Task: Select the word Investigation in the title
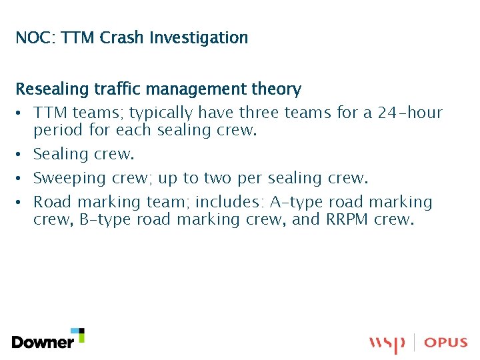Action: pos(199,38)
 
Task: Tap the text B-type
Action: pos(105,219)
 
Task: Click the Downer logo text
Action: pos(43,342)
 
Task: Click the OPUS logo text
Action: pos(446,343)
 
